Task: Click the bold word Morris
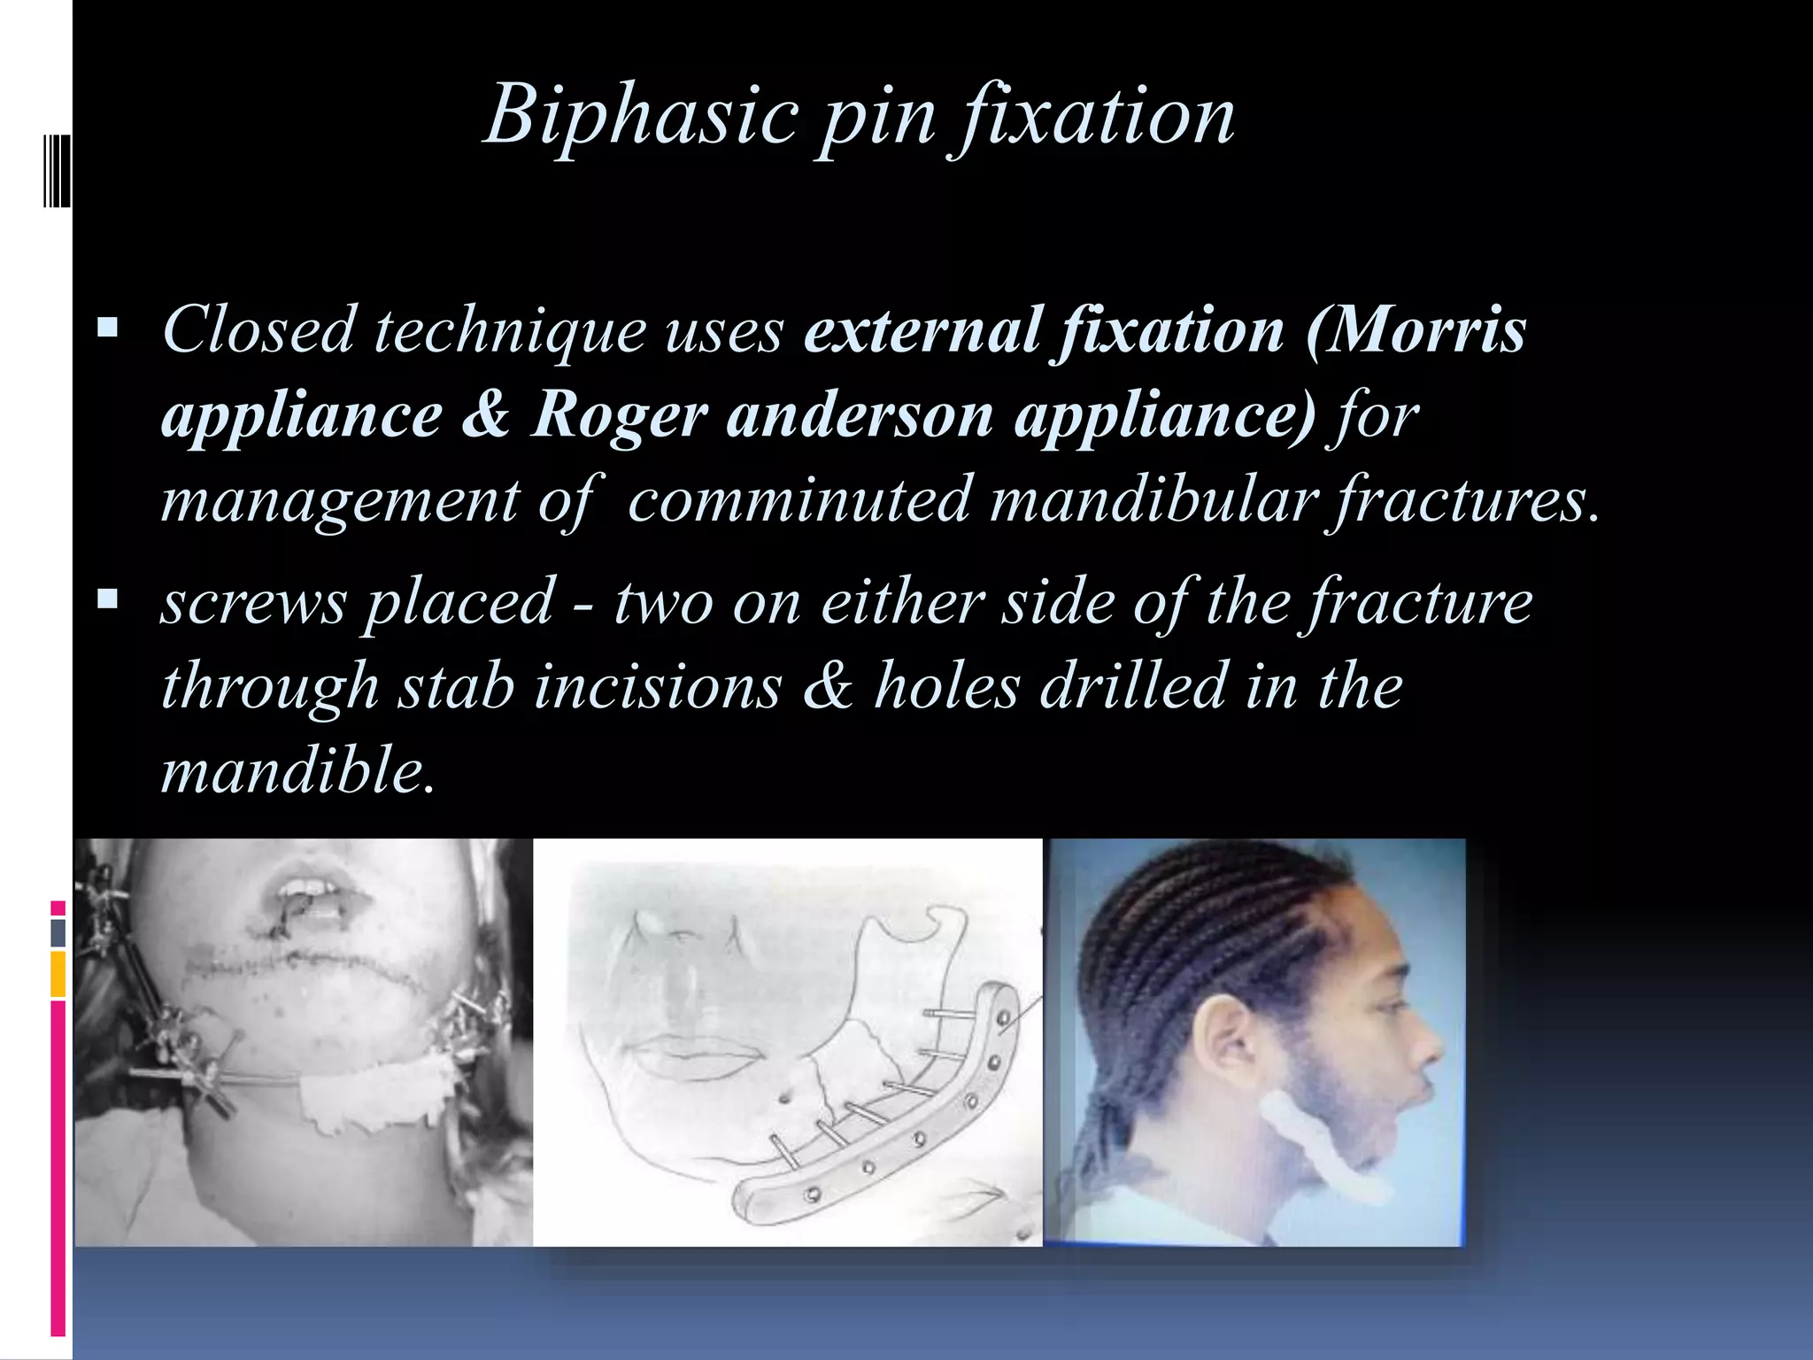[1416, 329]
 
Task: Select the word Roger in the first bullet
[618, 414]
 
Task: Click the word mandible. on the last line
[297, 769]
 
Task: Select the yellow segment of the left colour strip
[58, 974]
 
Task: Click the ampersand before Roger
[485, 414]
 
